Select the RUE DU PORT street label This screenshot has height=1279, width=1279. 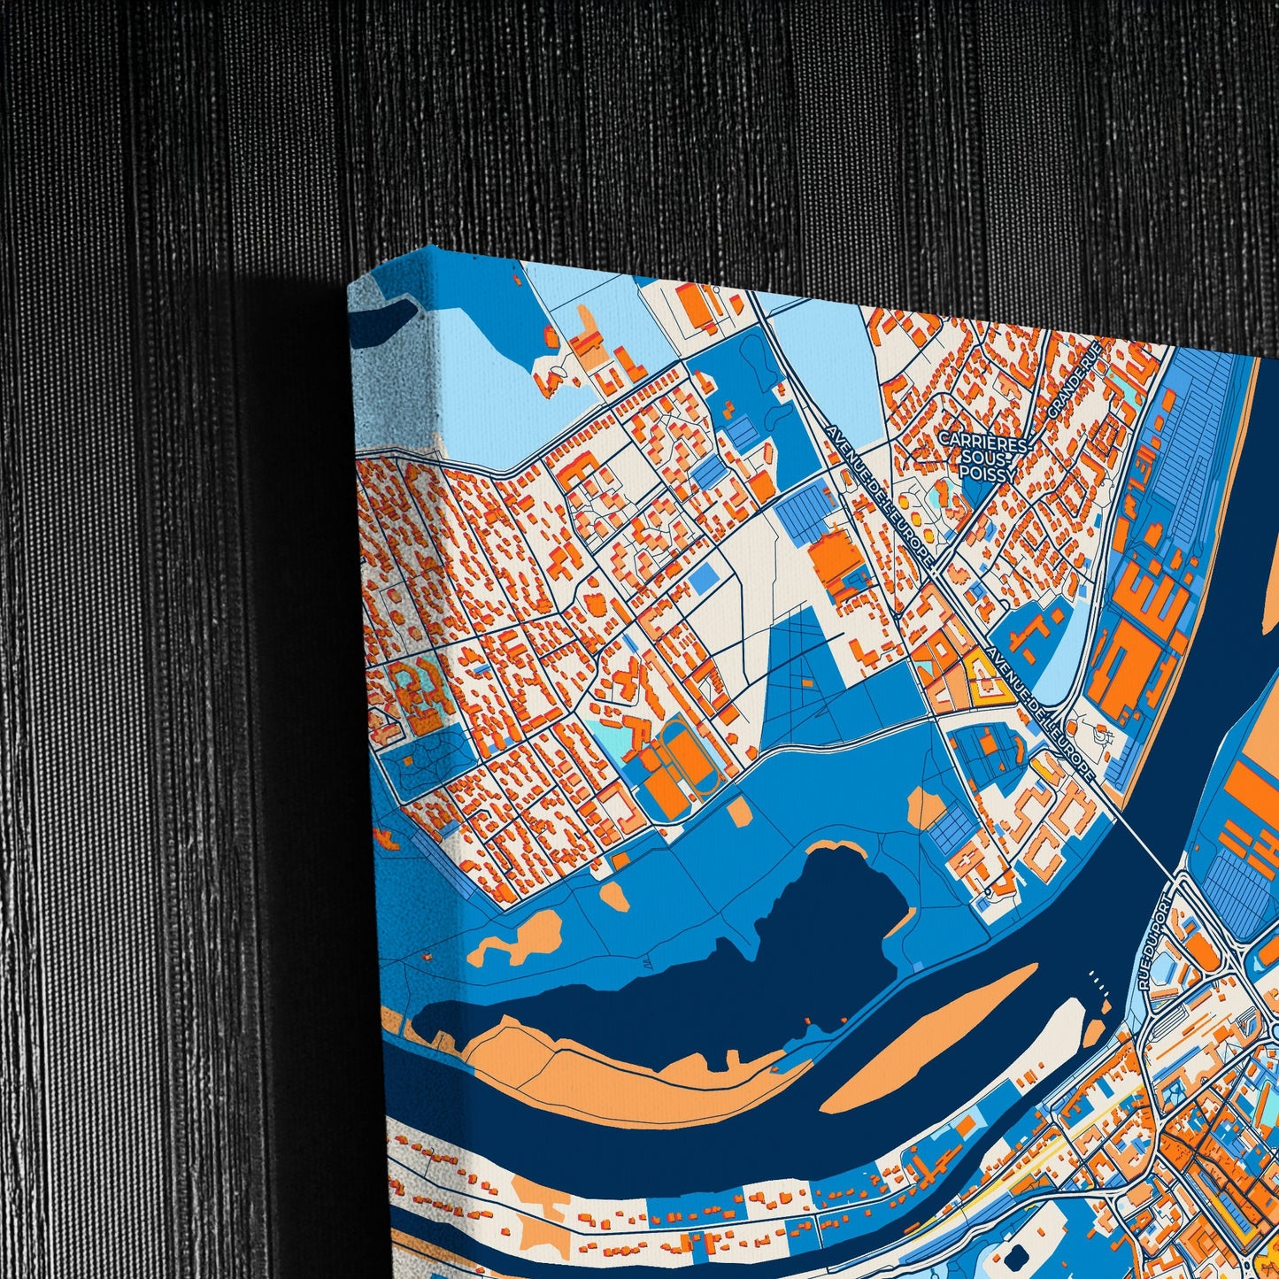[x=1155, y=944]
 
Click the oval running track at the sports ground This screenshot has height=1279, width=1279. [x=690, y=760]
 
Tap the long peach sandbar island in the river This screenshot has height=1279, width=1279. [x=929, y=1036]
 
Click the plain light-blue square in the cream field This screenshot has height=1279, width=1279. [x=704, y=580]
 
